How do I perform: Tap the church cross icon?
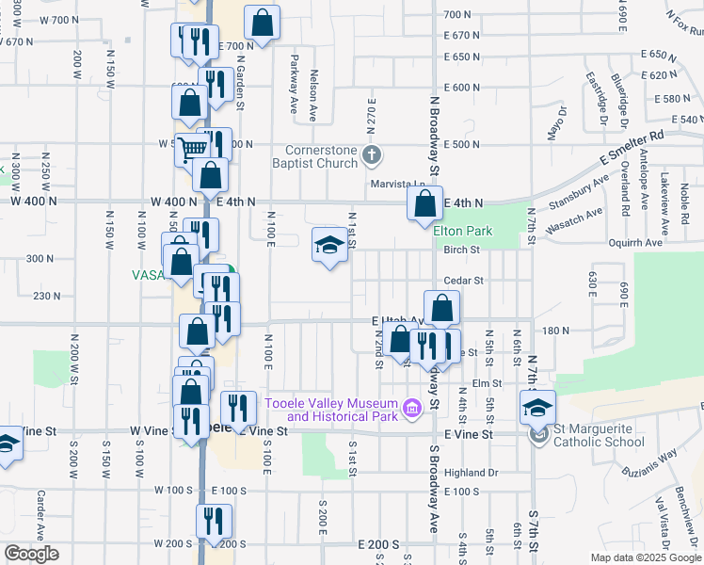(373, 153)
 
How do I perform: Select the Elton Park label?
(463, 231)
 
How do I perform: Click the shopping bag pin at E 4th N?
(425, 202)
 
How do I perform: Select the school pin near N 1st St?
(328, 247)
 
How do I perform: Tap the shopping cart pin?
(193, 147)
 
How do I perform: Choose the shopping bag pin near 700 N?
(262, 24)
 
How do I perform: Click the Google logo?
(30, 554)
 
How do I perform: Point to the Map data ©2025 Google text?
(646, 557)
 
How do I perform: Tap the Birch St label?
(462, 250)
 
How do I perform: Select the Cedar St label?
(463, 280)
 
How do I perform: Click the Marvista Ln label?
(394, 185)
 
